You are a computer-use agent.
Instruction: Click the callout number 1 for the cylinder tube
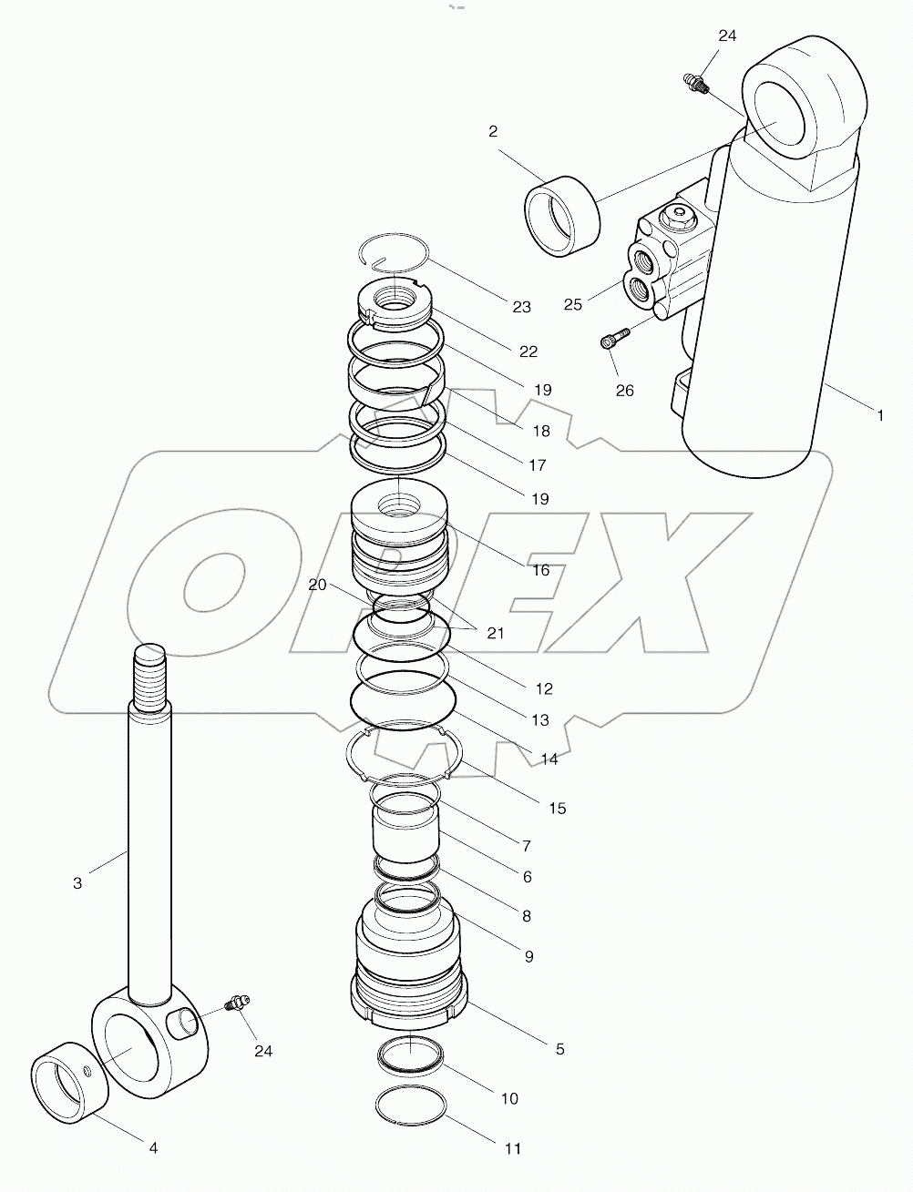point(879,415)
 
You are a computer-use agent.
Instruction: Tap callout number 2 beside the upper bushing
point(493,131)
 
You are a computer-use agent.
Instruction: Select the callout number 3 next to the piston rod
point(77,882)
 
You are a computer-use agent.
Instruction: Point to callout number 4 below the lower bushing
point(153,1148)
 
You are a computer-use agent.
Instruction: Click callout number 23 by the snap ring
point(521,307)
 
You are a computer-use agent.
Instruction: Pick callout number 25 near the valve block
point(572,304)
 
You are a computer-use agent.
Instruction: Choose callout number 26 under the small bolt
point(624,391)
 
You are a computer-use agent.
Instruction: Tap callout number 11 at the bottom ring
point(513,1149)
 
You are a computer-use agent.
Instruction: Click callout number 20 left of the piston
point(317,586)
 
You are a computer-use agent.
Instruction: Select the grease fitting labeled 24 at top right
point(695,83)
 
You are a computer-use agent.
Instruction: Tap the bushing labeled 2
point(562,217)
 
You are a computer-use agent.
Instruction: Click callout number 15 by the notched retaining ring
point(557,808)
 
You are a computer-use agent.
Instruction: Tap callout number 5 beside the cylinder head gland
point(559,1049)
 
